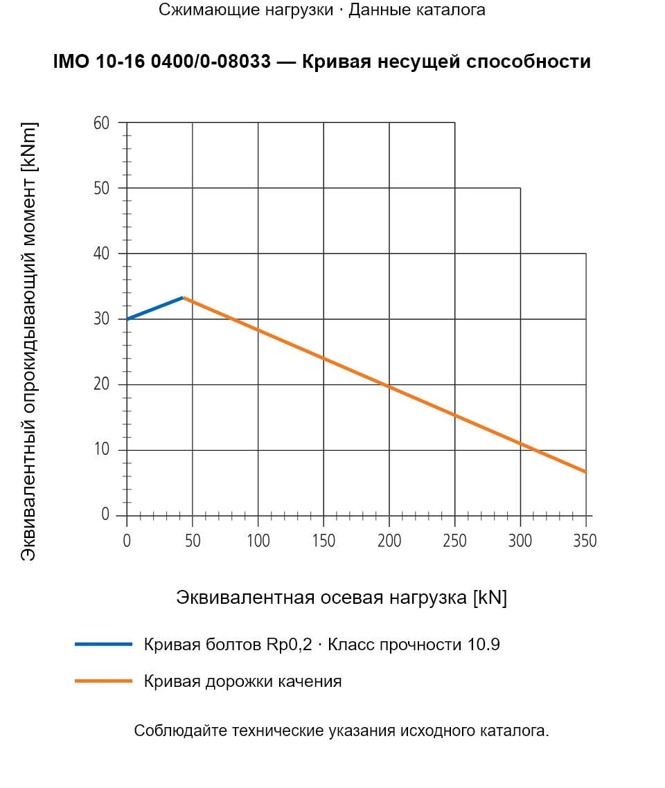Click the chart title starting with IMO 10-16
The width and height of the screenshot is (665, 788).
coord(321,62)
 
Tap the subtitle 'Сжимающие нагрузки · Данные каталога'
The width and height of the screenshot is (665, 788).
coord(321,10)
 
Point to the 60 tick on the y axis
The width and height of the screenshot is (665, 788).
coord(101,123)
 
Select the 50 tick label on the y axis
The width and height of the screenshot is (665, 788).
coord(101,188)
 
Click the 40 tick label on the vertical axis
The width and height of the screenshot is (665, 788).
coord(101,254)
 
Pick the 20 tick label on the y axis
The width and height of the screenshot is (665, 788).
coord(101,384)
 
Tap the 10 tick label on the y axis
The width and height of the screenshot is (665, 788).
coord(101,449)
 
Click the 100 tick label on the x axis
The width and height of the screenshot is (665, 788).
coord(258,541)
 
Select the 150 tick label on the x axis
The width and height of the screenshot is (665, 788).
coord(323,541)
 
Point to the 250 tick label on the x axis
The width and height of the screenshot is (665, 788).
coord(455,541)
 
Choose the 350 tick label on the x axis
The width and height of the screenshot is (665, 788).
coord(585,541)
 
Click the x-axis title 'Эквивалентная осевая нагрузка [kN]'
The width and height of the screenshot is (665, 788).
coord(342,598)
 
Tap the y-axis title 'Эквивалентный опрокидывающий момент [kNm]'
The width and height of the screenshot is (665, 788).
coord(28,341)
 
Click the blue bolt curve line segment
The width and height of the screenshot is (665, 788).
coord(154,308)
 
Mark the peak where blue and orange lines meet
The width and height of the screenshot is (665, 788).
coord(184,298)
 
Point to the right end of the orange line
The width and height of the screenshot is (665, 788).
coord(586,472)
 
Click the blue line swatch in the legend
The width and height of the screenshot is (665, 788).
coord(103,644)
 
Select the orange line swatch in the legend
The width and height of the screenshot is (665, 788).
coord(103,681)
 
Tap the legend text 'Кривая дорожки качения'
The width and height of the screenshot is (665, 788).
coord(242,681)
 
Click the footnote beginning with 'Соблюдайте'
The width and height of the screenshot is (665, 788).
coord(342,731)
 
